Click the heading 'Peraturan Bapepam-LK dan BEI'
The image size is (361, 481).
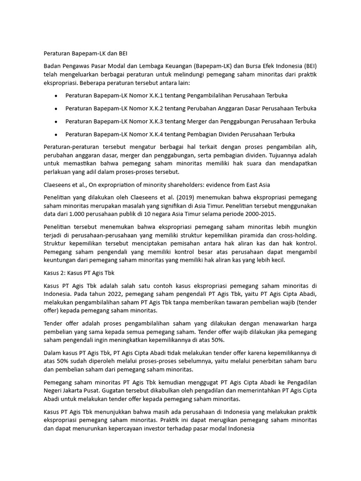pos(85,54)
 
